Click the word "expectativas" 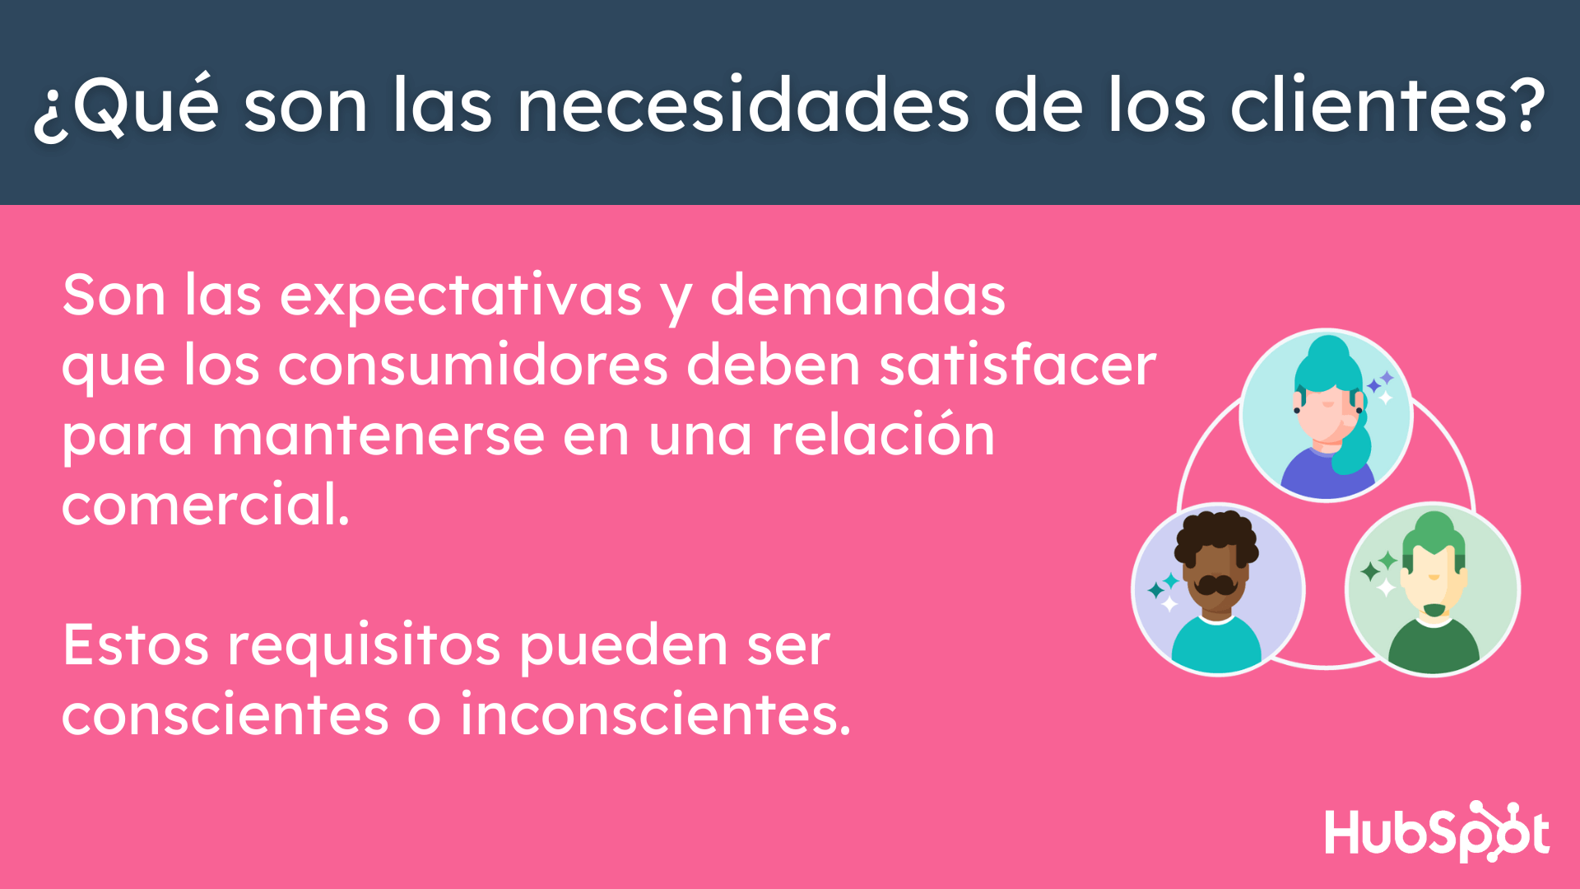click(x=461, y=296)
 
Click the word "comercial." click(x=206, y=504)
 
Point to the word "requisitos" click(x=364, y=646)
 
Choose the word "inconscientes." click(x=655, y=714)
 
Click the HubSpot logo click(x=1437, y=832)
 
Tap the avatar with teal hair click(x=1326, y=415)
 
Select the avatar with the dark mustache click(x=1218, y=589)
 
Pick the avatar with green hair click(x=1433, y=589)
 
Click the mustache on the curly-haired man click(x=1215, y=584)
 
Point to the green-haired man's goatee click(x=1434, y=610)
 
